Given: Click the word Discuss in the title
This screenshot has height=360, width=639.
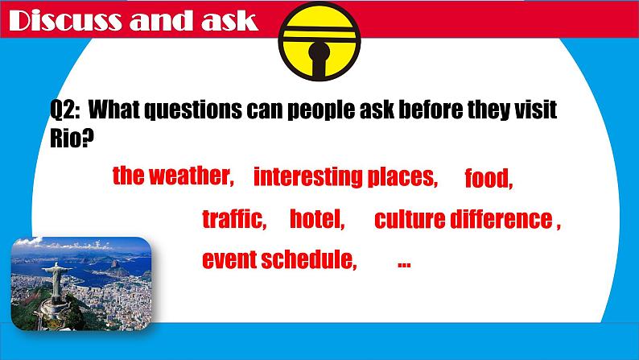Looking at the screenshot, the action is [x=65, y=20].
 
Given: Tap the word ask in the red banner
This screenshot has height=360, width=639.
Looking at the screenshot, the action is [x=229, y=20].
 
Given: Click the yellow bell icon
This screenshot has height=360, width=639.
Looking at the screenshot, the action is [x=319, y=41].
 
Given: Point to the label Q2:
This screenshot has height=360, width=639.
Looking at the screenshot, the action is [x=65, y=110].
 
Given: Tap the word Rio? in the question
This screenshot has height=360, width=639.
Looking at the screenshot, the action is [x=72, y=139].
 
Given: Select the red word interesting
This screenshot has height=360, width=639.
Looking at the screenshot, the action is [x=308, y=177].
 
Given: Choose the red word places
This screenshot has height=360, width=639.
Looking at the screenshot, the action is [x=402, y=178].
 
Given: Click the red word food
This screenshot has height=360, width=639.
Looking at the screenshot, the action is [x=489, y=178].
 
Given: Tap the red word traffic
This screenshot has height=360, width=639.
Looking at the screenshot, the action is [x=234, y=218].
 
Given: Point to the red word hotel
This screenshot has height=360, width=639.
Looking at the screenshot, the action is [x=316, y=218].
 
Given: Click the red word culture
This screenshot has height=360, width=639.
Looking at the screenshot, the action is [x=410, y=219].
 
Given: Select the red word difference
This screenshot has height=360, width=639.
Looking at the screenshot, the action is [x=501, y=219].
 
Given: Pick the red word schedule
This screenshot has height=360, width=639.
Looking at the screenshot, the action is [x=308, y=259].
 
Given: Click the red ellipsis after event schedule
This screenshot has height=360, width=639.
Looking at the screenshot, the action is [x=404, y=265].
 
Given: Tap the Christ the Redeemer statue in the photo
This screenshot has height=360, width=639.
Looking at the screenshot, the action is [x=55, y=280].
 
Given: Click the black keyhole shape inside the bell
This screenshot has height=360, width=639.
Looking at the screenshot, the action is [x=319, y=59].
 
